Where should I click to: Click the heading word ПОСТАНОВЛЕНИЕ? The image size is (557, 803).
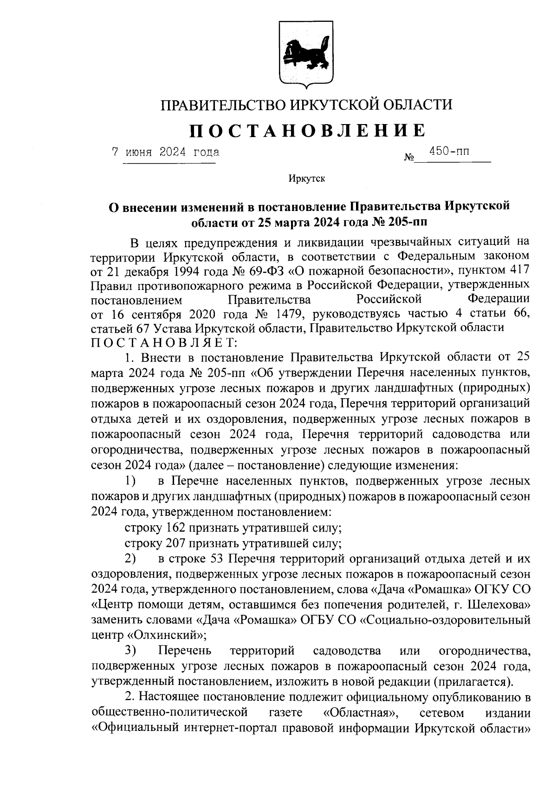[306, 131]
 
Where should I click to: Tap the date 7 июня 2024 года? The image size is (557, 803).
[166, 152]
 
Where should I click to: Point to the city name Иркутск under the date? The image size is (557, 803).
[306, 178]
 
